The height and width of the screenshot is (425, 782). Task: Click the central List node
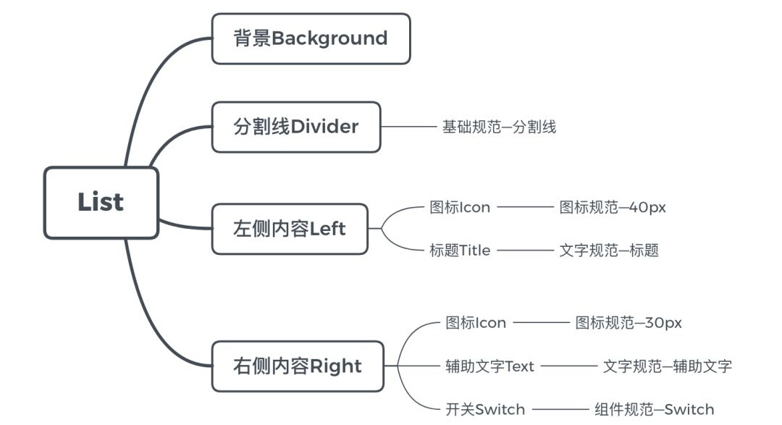[101, 203]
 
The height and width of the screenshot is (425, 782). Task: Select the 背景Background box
[311, 38]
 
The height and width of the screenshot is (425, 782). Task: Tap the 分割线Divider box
[295, 127]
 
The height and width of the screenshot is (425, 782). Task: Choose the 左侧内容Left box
[290, 229]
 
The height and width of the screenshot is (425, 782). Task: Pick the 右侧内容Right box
[298, 366]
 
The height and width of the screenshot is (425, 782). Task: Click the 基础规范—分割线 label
[499, 127]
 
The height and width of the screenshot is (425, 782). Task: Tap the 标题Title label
[460, 251]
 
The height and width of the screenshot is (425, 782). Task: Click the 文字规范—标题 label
[609, 251]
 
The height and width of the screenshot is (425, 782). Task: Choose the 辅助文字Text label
[489, 366]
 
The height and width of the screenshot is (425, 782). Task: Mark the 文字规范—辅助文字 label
[667, 366]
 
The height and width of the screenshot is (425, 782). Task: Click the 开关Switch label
[485, 410]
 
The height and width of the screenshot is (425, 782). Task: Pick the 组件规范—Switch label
[654, 410]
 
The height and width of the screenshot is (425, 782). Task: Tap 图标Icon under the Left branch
[460, 208]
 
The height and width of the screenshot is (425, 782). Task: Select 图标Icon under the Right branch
[476, 323]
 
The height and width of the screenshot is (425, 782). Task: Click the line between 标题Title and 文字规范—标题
[525, 251]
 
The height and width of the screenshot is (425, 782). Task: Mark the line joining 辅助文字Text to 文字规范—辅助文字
[568, 366]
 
